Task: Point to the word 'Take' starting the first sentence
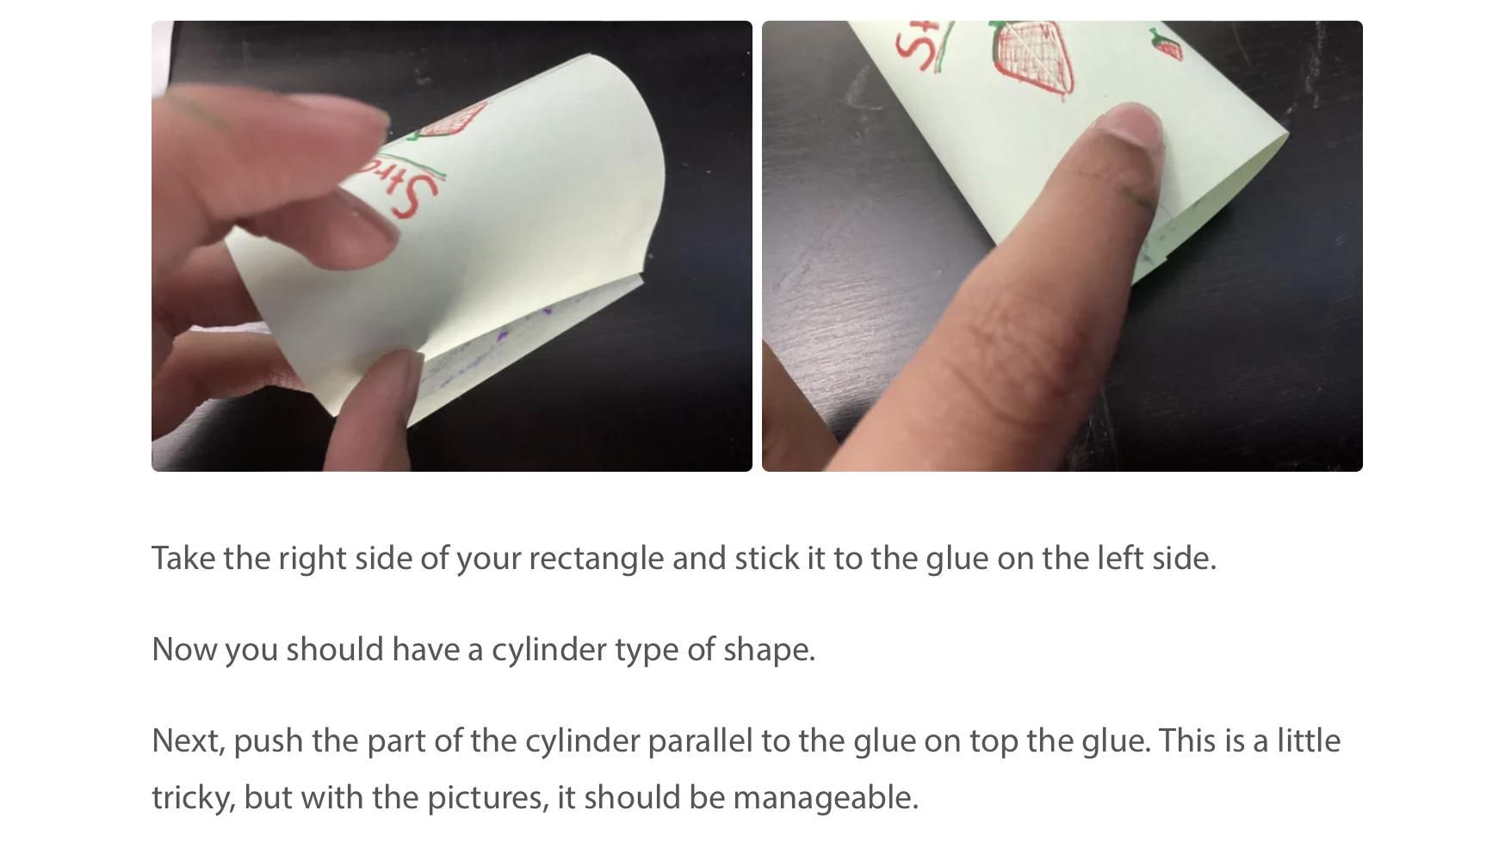pyautogui.click(x=183, y=559)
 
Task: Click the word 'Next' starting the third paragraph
pyautogui.click(x=188, y=741)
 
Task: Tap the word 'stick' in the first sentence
pyautogui.click(x=766, y=559)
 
